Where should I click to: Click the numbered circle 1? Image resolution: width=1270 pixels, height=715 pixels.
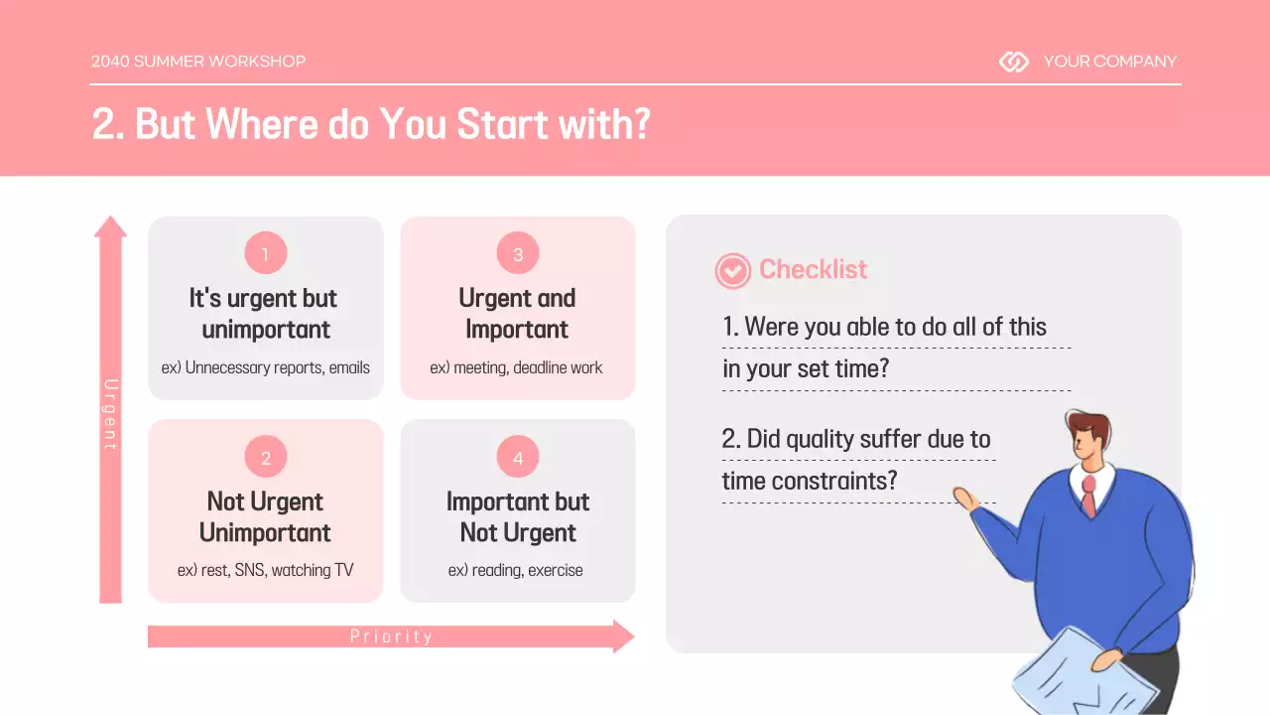pos(266,253)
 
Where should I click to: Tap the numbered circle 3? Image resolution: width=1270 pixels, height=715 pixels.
pos(518,253)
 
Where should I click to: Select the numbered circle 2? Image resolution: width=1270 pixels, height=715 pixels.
pos(266,457)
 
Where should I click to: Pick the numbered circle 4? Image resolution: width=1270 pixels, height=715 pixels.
pos(518,457)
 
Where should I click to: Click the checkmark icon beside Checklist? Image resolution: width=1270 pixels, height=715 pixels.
pos(732,271)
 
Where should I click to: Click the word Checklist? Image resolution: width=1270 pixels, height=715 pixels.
pos(813,269)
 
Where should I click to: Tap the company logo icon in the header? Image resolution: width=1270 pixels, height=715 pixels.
pos(1014,62)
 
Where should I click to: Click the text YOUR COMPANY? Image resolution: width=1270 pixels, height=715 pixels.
pos(1110,62)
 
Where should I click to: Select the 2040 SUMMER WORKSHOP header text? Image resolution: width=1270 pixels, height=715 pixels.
pos(198,62)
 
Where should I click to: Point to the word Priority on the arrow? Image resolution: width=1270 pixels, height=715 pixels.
pos(391,637)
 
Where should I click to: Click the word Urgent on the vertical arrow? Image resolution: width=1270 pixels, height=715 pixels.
pos(111,414)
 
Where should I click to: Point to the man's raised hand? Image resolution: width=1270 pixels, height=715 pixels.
pos(966,499)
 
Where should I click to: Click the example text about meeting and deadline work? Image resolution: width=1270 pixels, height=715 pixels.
pos(516,367)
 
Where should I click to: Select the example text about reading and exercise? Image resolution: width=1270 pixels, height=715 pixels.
pos(515,570)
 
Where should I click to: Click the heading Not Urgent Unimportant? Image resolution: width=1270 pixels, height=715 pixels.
pos(265,517)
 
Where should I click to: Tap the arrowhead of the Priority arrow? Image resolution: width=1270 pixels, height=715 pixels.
pos(624,637)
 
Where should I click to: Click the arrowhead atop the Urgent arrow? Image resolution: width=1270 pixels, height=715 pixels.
pos(110,226)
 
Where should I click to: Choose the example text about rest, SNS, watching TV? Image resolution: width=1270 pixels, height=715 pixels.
pos(265,570)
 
